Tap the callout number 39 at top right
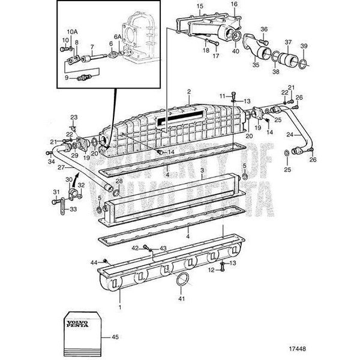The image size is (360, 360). (x=304, y=47)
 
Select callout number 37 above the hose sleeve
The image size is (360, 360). (x=289, y=42)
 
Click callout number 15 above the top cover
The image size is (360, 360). (x=184, y=7)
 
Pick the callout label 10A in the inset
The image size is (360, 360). (x=71, y=31)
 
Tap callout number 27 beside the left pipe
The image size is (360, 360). (x=44, y=168)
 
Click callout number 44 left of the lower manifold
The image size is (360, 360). (x=94, y=262)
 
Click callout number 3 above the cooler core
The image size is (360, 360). (x=202, y=170)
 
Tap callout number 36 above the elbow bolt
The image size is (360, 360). (x=264, y=28)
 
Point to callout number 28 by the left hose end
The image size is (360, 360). (x=119, y=181)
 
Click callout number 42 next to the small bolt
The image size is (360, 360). (x=136, y=248)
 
